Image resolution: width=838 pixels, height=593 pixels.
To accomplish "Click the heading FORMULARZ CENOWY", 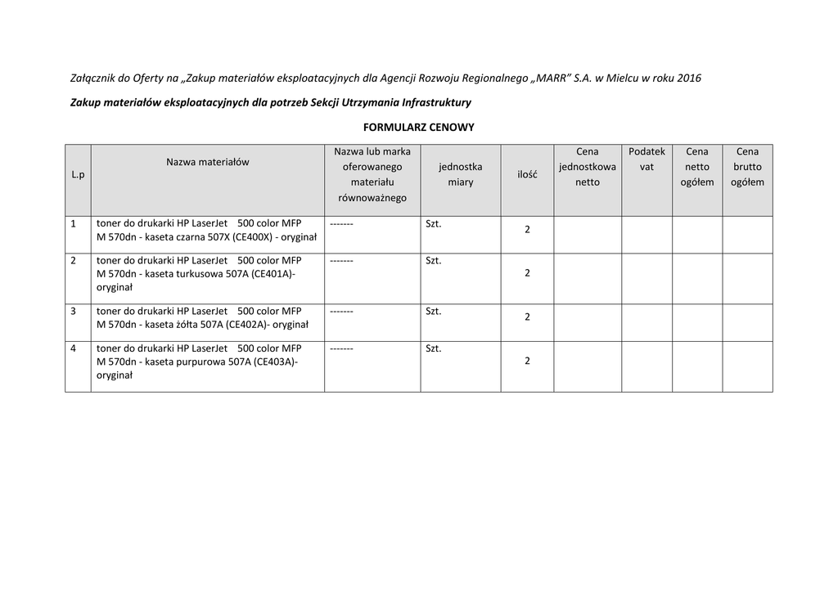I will [418, 128].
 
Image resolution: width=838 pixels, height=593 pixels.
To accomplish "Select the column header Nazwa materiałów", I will [207, 162].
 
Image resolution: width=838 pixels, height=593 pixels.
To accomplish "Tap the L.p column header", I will [78, 175].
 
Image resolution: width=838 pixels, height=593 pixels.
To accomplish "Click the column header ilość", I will [527, 175].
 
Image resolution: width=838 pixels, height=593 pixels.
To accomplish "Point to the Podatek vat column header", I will [647, 159].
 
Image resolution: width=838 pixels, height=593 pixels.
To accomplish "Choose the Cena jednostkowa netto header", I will [587, 167].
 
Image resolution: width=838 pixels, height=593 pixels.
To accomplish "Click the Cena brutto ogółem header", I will [747, 167].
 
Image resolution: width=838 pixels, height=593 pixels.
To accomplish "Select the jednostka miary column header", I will [460, 174].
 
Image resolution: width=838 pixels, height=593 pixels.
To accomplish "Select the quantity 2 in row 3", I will [527, 317].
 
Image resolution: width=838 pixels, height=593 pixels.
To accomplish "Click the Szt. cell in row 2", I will [434, 261].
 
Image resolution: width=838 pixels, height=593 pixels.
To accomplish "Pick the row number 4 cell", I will [74, 348].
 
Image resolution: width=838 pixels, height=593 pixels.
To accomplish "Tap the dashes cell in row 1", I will [341, 223].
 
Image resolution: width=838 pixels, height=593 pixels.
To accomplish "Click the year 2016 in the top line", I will [689, 79].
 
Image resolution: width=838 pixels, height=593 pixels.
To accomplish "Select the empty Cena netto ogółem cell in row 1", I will [697, 235].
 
